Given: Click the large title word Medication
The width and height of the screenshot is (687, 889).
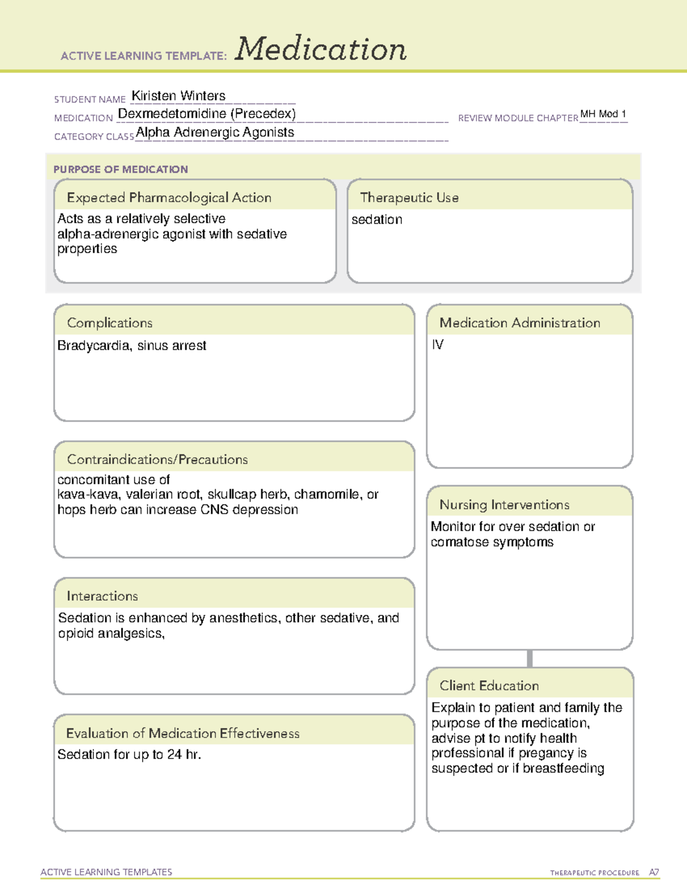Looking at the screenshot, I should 321,49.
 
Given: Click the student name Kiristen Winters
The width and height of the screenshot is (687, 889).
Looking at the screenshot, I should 179,96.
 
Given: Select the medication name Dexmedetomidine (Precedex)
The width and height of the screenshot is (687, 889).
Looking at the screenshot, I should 207,114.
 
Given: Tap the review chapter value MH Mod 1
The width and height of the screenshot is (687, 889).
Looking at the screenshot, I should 603,114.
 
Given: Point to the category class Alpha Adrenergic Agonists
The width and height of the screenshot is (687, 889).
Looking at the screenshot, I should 215,132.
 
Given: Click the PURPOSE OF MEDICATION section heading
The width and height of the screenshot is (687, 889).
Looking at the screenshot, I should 120,169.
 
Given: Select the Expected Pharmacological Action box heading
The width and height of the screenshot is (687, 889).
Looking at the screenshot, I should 169,198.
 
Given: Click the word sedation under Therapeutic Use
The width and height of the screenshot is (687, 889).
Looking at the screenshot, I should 377,220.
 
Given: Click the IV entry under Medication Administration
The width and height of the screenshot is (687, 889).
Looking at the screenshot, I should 437,345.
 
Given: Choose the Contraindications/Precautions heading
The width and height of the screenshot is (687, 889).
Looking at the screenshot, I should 157,460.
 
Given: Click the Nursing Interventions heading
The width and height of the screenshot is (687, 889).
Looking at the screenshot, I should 504,505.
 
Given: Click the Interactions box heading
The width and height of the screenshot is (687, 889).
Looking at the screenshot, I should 102,596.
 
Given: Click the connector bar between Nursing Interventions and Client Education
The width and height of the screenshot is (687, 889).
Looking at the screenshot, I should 530,658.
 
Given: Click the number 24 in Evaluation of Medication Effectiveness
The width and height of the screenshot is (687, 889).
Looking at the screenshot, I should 175,755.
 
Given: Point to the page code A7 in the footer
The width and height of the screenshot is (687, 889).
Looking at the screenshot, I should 654,872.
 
